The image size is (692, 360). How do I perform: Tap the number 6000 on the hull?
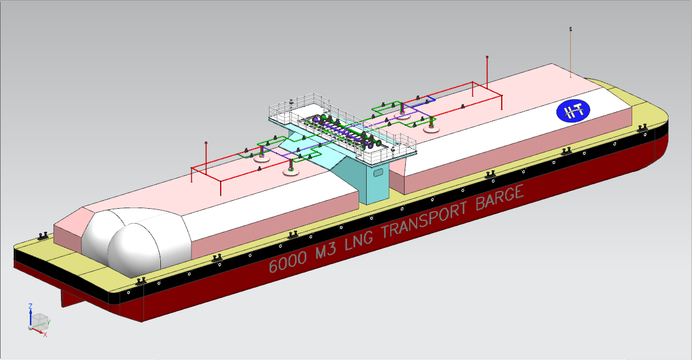[x=287, y=263]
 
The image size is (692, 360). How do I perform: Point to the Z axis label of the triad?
[x=30, y=307]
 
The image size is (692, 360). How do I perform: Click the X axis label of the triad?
[x=45, y=334]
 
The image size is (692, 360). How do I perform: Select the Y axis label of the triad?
[x=49, y=322]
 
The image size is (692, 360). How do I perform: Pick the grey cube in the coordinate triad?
[x=39, y=320]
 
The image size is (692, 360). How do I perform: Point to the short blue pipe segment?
[x=429, y=99]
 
